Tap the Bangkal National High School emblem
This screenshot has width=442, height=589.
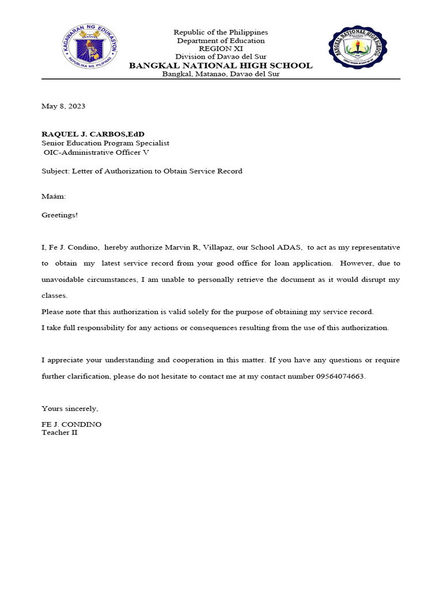click(357, 48)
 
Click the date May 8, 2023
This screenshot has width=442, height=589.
click(63, 106)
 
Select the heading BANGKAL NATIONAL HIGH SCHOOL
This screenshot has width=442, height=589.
click(220, 66)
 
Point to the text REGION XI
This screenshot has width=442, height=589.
click(221, 49)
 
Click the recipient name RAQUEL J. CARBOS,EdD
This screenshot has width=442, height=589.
click(93, 134)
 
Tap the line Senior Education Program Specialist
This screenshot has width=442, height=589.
click(105, 143)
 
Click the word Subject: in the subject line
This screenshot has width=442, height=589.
click(55, 171)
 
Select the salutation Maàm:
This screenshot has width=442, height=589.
click(54, 196)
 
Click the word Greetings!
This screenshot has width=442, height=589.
click(59, 215)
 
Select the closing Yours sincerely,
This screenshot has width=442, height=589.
click(70, 408)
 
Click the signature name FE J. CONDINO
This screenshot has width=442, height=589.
click(71, 424)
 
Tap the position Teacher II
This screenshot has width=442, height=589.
click(59, 432)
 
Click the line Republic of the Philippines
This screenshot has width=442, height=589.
click(221, 32)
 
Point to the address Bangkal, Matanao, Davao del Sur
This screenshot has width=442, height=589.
click(221, 74)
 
